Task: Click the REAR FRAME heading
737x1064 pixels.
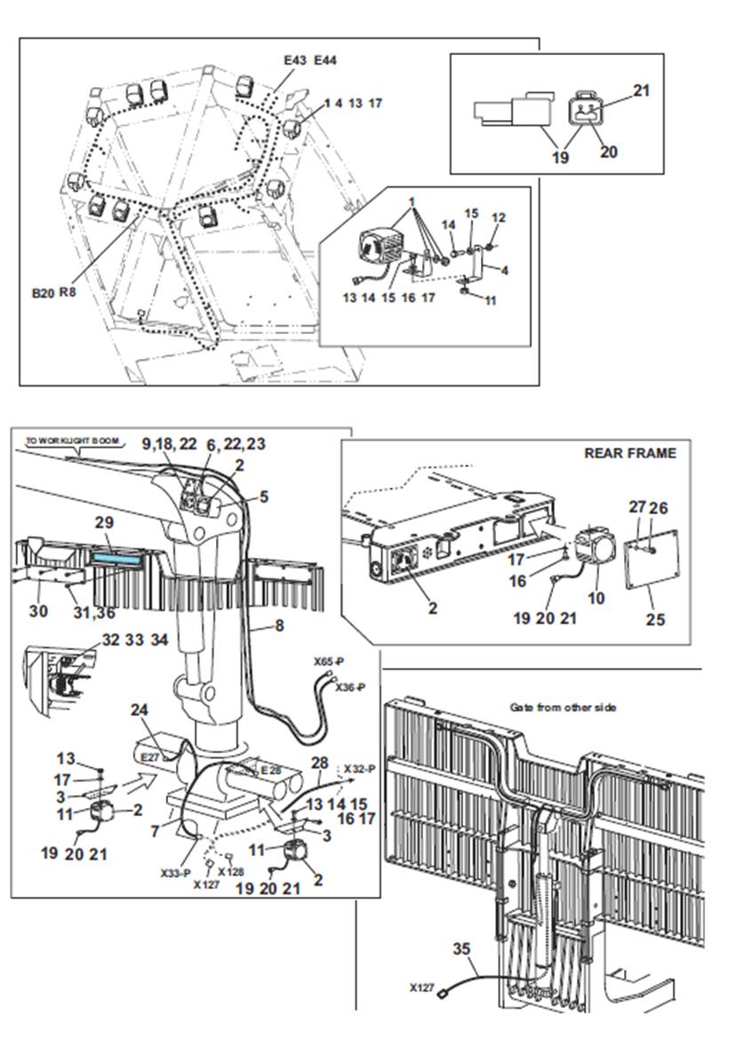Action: pyautogui.click(x=629, y=453)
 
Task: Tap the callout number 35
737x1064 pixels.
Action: pyautogui.click(x=461, y=949)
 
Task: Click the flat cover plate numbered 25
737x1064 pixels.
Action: pyautogui.click(x=653, y=574)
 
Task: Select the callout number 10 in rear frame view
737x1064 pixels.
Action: pyautogui.click(x=597, y=598)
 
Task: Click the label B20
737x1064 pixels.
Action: pyautogui.click(x=42, y=290)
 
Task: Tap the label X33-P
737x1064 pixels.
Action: pyautogui.click(x=175, y=872)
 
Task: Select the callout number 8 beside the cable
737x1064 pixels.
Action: pyautogui.click(x=278, y=625)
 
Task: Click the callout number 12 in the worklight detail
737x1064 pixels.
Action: pyautogui.click(x=498, y=218)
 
